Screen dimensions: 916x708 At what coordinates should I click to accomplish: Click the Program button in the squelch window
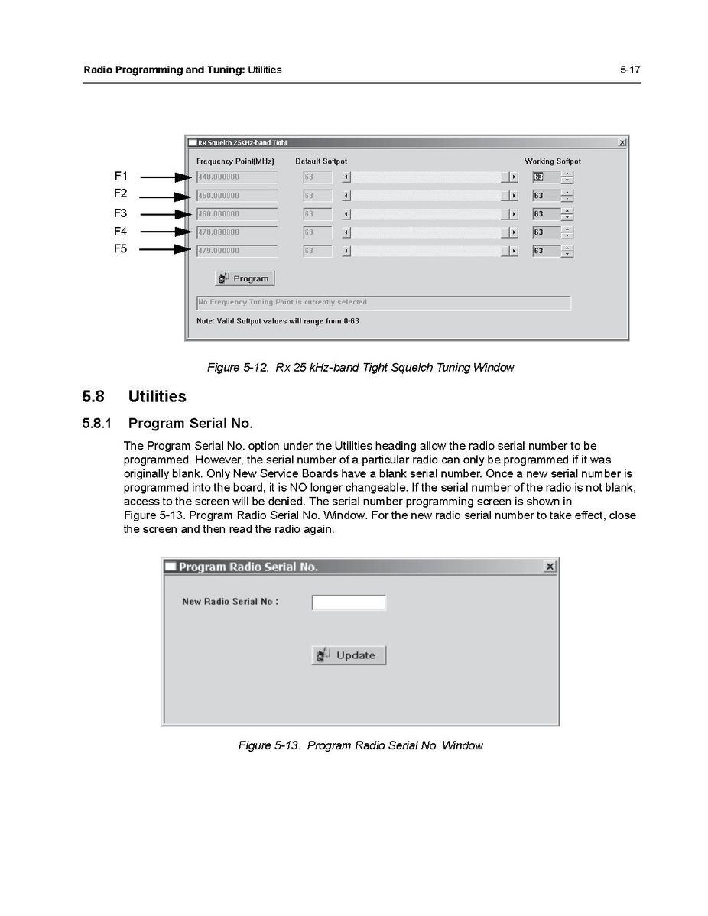coord(245,278)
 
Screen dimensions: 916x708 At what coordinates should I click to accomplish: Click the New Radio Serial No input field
coord(349,603)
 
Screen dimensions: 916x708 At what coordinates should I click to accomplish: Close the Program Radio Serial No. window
coord(549,567)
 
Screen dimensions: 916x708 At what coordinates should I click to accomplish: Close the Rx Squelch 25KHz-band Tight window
coord(621,142)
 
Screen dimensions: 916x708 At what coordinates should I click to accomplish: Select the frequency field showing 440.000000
coord(236,177)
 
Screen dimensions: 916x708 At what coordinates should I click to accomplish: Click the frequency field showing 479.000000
coord(236,251)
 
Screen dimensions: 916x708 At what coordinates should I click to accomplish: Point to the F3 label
coord(121,213)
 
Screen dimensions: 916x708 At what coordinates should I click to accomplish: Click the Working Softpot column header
coord(552,161)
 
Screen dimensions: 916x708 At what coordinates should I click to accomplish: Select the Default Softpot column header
coord(321,161)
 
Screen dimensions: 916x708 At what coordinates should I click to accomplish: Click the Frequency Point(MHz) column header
coord(235,161)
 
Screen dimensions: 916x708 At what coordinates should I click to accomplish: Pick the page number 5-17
coord(630,70)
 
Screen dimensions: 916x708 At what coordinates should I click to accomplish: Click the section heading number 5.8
coord(95,396)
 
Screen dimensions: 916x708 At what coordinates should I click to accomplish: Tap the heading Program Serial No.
coord(190,424)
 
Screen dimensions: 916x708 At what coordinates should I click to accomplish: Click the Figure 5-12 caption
coord(360,368)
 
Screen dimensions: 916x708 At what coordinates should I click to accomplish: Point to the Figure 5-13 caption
coord(360,745)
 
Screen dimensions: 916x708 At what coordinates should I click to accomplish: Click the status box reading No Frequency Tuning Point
coord(383,303)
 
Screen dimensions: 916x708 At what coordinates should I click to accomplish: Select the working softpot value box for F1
coord(546,177)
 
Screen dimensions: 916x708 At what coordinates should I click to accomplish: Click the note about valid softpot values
coord(278,321)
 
